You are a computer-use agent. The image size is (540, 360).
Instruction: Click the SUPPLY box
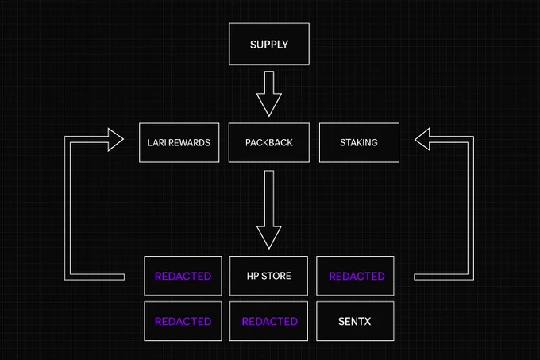coord(269,44)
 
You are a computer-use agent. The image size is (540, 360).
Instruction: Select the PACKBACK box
coord(269,142)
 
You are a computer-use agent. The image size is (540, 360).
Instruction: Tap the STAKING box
coord(359,142)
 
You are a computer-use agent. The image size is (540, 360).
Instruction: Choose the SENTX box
coord(355,321)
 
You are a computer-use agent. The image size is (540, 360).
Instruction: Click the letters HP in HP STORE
coord(253,276)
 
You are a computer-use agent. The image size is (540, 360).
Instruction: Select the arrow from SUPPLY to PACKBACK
coord(269,94)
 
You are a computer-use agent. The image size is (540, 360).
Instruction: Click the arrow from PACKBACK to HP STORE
coord(269,210)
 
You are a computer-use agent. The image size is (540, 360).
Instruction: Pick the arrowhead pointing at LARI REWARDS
coord(116,140)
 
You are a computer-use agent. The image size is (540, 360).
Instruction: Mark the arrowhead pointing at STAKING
coord(422,139)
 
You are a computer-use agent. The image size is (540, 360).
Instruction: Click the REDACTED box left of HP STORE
coord(183,276)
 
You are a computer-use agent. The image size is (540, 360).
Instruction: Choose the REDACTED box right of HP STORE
coord(355,276)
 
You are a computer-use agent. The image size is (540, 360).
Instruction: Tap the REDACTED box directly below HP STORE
coord(268,321)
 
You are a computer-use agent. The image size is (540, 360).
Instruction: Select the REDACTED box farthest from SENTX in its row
coord(183,321)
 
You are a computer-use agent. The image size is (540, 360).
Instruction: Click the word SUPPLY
coord(269,45)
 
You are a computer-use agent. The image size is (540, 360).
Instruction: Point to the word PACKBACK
coord(269,142)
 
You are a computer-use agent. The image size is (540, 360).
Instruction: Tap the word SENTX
coord(355,321)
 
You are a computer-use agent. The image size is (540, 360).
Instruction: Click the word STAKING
coord(359,142)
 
